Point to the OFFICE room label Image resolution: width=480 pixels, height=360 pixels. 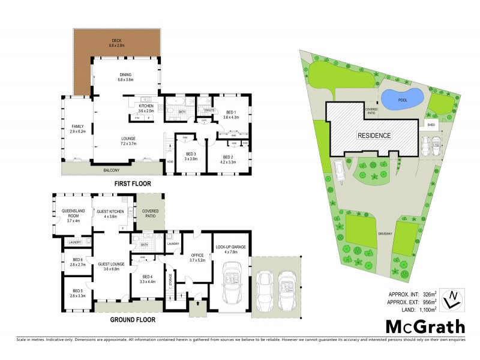197,257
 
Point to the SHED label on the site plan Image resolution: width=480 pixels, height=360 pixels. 430,125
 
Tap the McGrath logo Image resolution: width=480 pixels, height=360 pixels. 424,328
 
